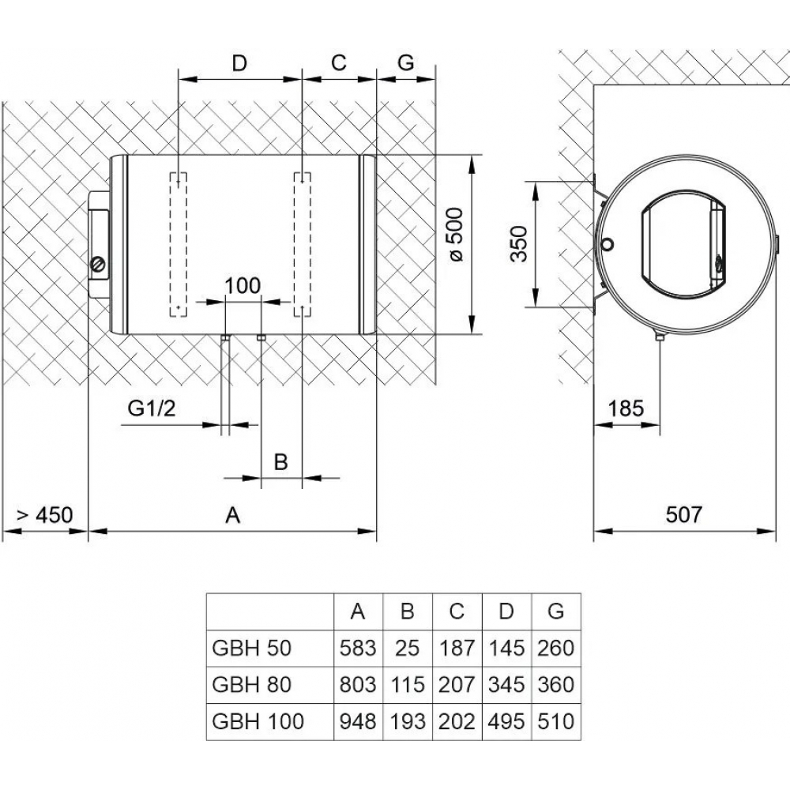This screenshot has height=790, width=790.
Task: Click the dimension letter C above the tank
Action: (x=339, y=63)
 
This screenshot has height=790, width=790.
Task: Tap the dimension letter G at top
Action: (x=405, y=63)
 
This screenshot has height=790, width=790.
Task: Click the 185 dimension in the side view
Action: (x=626, y=408)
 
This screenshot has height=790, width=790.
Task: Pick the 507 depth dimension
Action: (x=683, y=515)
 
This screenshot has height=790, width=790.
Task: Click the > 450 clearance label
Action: (x=44, y=515)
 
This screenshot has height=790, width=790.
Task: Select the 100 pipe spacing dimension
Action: (x=242, y=286)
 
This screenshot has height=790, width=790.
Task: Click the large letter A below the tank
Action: (x=231, y=515)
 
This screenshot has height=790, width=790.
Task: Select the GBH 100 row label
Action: (x=258, y=720)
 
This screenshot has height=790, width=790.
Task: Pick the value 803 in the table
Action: (x=357, y=684)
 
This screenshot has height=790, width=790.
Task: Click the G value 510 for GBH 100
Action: (x=556, y=720)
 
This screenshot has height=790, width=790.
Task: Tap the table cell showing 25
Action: (x=407, y=649)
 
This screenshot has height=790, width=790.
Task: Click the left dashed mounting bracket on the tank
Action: (x=179, y=243)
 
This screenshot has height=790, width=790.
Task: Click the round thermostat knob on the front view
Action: (x=99, y=264)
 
